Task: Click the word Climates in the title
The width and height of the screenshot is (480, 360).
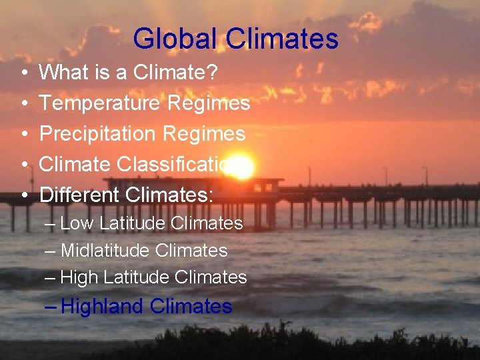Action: (282, 39)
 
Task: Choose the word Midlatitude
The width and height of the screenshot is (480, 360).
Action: (104, 251)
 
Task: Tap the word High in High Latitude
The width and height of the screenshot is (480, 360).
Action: (80, 277)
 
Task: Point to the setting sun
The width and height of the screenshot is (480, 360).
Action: (243, 169)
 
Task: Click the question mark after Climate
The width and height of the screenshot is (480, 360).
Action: (211, 72)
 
